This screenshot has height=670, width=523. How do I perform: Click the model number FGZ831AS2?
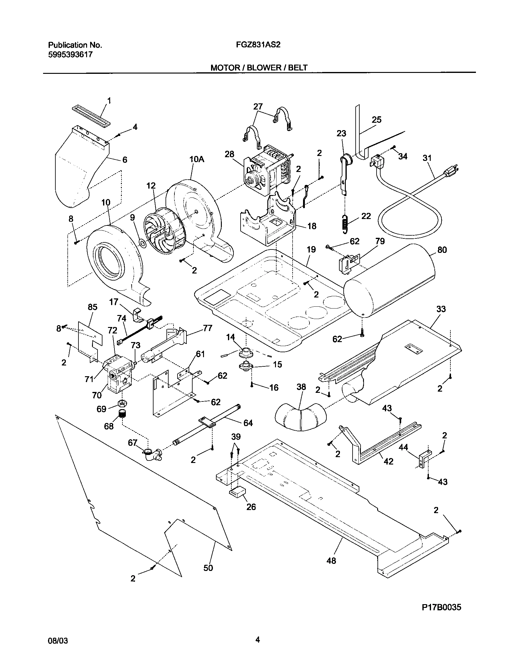coord(258,45)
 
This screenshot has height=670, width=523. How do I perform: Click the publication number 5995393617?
coord(70,55)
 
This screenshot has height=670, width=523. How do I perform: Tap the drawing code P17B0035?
coord(441,608)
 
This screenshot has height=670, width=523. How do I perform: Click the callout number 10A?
coord(197,159)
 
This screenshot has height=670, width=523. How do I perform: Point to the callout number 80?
coord(442,250)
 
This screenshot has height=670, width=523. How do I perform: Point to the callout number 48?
coord(331,560)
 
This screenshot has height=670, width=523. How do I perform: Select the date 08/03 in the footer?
coord(58,649)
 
